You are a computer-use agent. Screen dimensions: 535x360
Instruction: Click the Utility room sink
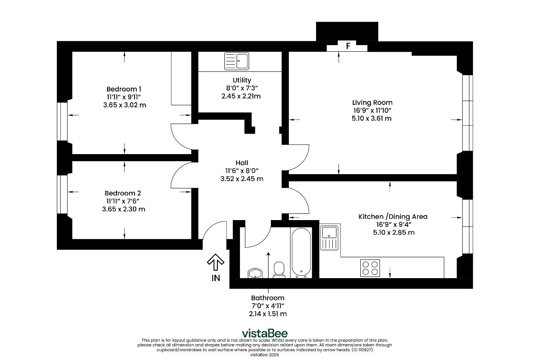coord(237,61)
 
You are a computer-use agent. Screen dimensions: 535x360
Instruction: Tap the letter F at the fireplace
coord(348,46)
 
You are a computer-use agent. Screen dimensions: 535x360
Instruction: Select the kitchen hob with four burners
coord(370,268)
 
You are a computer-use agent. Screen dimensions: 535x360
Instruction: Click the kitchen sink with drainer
coord(329,238)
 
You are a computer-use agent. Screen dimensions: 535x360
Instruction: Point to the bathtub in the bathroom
coord(301,253)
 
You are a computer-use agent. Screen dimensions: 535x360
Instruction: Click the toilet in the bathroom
coord(279,270)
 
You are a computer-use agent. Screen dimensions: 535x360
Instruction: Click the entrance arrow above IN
coord(216,262)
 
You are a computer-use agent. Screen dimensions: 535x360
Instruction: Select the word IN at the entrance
coord(216,278)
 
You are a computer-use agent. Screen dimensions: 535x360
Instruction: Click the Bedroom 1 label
coord(124,89)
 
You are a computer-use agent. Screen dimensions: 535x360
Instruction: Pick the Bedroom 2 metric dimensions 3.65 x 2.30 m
coord(124,209)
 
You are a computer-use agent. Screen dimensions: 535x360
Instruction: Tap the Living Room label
coord(372,103)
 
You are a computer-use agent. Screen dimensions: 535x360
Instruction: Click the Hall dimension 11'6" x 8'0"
coord(242,171)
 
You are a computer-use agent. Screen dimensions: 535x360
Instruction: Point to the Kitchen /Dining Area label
coord(393,217)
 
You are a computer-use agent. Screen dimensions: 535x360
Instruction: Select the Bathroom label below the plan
coord(268,298)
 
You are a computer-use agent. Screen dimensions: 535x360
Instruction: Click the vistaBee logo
coord(265,333)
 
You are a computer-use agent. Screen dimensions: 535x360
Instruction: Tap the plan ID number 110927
coord(365,350)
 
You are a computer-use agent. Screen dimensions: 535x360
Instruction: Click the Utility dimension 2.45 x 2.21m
coord(241,96)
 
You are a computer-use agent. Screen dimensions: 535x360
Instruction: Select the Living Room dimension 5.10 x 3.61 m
coord(372,119)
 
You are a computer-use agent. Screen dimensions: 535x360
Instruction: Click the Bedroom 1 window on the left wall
coord(62,122)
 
